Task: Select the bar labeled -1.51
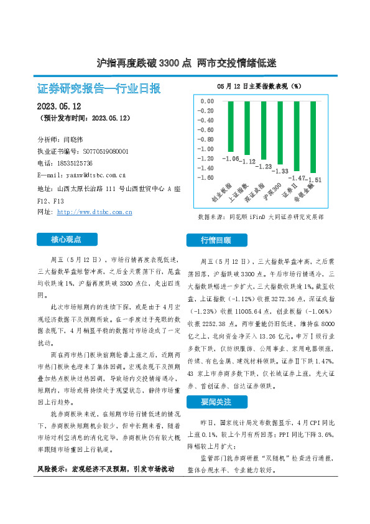pos(313,137)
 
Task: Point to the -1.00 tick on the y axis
pos(205,149)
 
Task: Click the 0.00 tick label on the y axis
pos(206,101)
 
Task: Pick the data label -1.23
pos(266,167)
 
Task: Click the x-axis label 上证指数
pos(241,194)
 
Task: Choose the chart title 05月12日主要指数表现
pos(259,85)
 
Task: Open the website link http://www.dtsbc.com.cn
pos(95,212)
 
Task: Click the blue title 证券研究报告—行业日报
pos(99,89)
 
